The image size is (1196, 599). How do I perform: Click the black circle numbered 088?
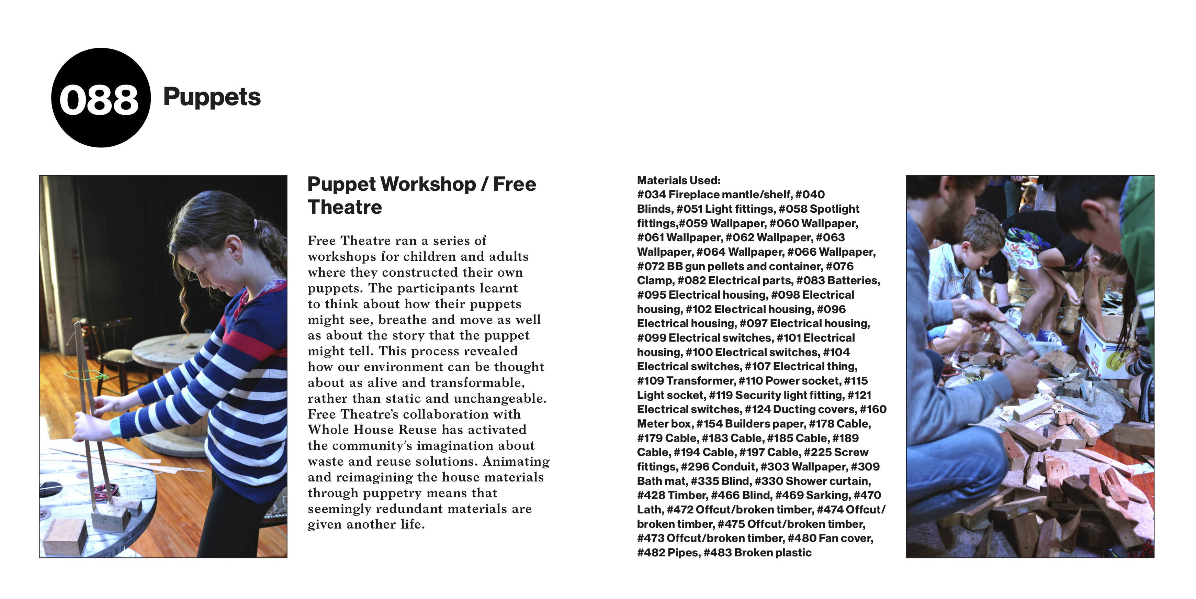point(100,98)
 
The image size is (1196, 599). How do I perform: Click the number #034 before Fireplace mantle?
point(651,195)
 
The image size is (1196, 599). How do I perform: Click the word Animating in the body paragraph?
point(516,462)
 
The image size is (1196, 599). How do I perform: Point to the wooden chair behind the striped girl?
point(114,353)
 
